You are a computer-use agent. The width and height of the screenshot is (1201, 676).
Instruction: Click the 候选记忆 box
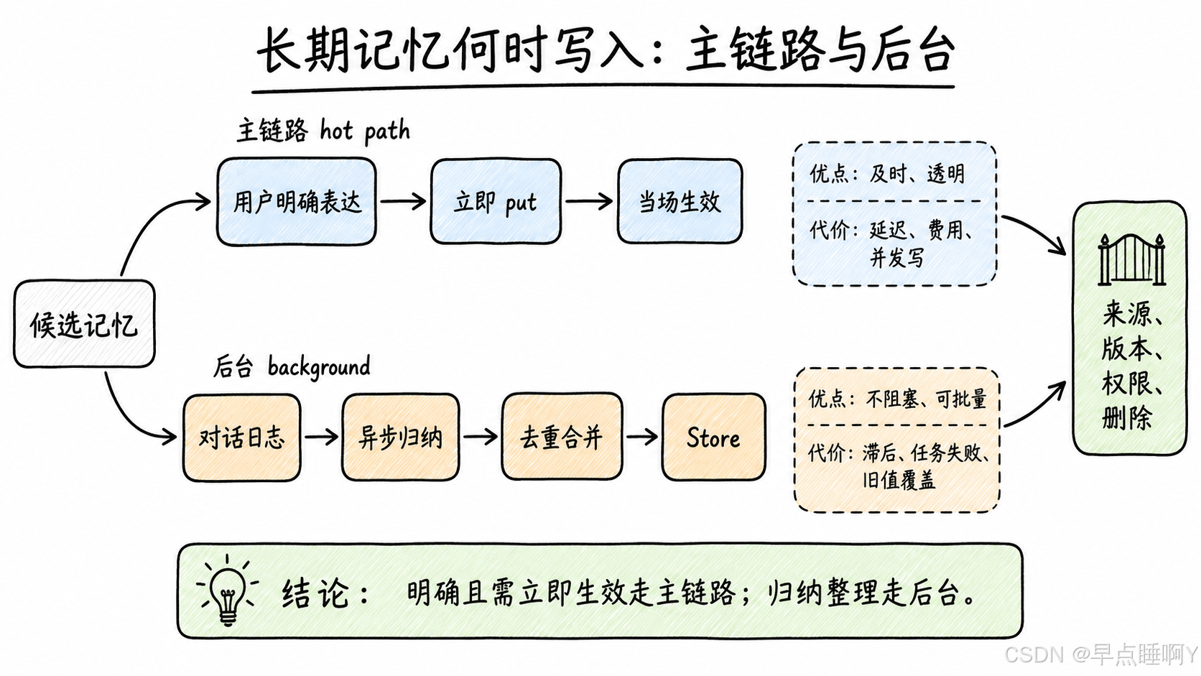pos(84,324)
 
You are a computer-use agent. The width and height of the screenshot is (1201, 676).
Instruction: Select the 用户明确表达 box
pos(297,202)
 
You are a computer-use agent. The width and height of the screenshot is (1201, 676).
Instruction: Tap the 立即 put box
pos(496,202)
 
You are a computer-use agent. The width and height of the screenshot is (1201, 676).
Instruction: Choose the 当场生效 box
pos(680,202)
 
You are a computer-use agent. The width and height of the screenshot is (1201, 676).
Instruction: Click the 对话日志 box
pos(242,437)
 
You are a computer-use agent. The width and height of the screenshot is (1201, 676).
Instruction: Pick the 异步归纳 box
pos(401,437)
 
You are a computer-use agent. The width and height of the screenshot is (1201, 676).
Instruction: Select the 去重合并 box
pos(562,437)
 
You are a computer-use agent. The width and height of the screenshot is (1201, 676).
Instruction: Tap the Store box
pos(713,437)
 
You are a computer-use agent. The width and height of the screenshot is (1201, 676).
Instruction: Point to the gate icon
pos(1131,259)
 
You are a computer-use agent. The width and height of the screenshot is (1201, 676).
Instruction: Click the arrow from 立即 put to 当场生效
pos(589,202)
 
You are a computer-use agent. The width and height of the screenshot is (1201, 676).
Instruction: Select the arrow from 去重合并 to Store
pos(641,437)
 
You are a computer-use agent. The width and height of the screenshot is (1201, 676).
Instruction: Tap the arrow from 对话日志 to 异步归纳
pos(321,437)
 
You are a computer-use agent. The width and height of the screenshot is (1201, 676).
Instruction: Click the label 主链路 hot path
pos(323,130)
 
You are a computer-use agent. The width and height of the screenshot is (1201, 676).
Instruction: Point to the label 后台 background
pos(292,366)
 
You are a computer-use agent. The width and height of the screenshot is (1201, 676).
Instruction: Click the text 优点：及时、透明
pos(887,174)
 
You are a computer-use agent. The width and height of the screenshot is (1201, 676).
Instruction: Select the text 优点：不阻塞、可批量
pos(897,399)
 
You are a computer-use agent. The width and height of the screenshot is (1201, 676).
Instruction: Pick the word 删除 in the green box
pos(1127,417)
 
